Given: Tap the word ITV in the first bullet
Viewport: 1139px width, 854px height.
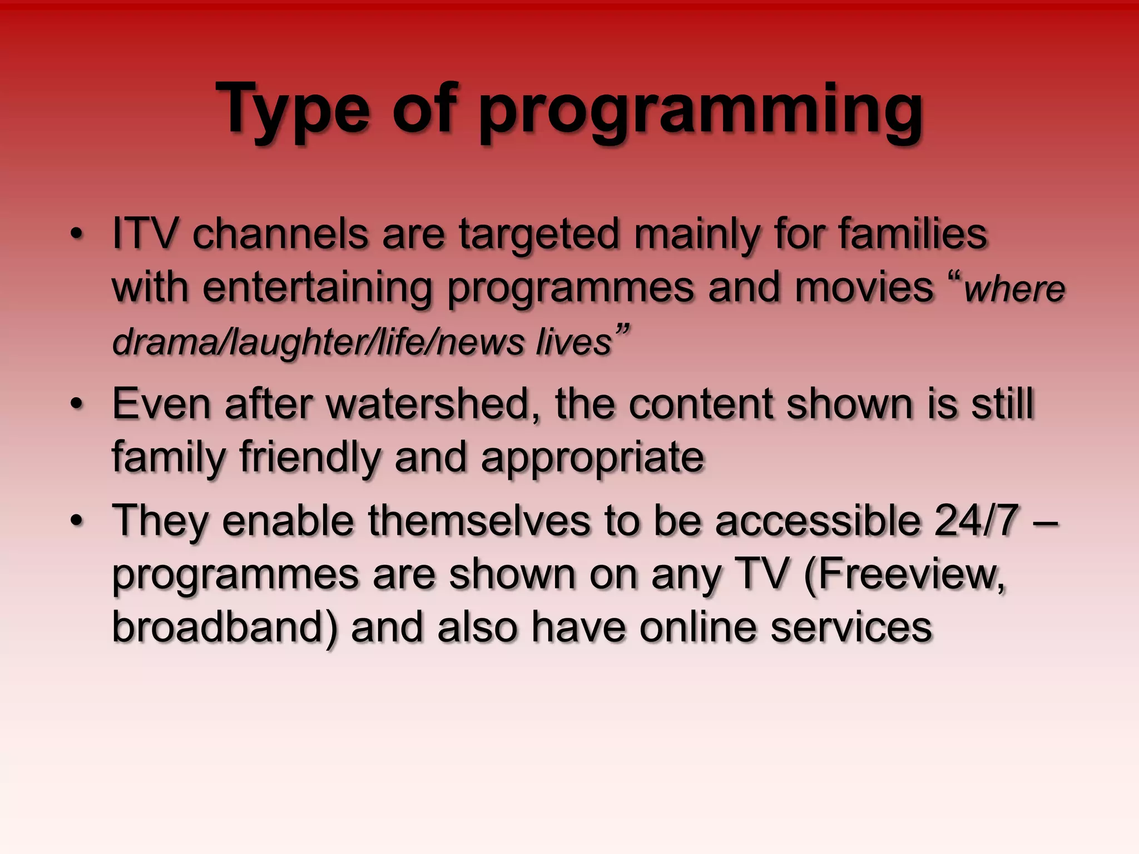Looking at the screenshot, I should click(x=145, y=234).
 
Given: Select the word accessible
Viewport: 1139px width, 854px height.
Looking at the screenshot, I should click(x=818, y=520).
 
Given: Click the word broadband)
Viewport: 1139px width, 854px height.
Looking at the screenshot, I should click(x=225, y=627).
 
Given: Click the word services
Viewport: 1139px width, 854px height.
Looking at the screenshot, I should click(x=851, y=627).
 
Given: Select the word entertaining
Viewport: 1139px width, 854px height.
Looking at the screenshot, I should click(x=317, y=288).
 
